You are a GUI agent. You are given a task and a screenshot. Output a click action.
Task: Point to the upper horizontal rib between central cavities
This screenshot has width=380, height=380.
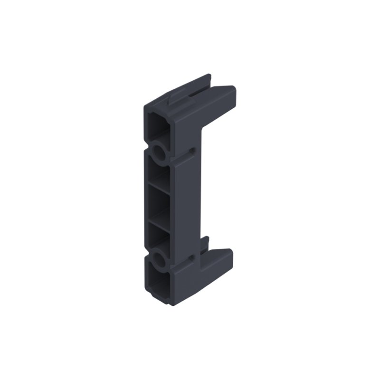[x=159, y=190]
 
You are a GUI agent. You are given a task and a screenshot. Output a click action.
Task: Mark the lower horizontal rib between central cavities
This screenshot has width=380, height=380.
[x=159, y=220]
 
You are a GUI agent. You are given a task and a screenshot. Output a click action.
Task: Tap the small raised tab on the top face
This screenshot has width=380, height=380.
[x=176, y=97]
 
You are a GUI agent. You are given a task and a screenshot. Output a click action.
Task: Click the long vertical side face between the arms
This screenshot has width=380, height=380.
[x=188, y=204]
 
